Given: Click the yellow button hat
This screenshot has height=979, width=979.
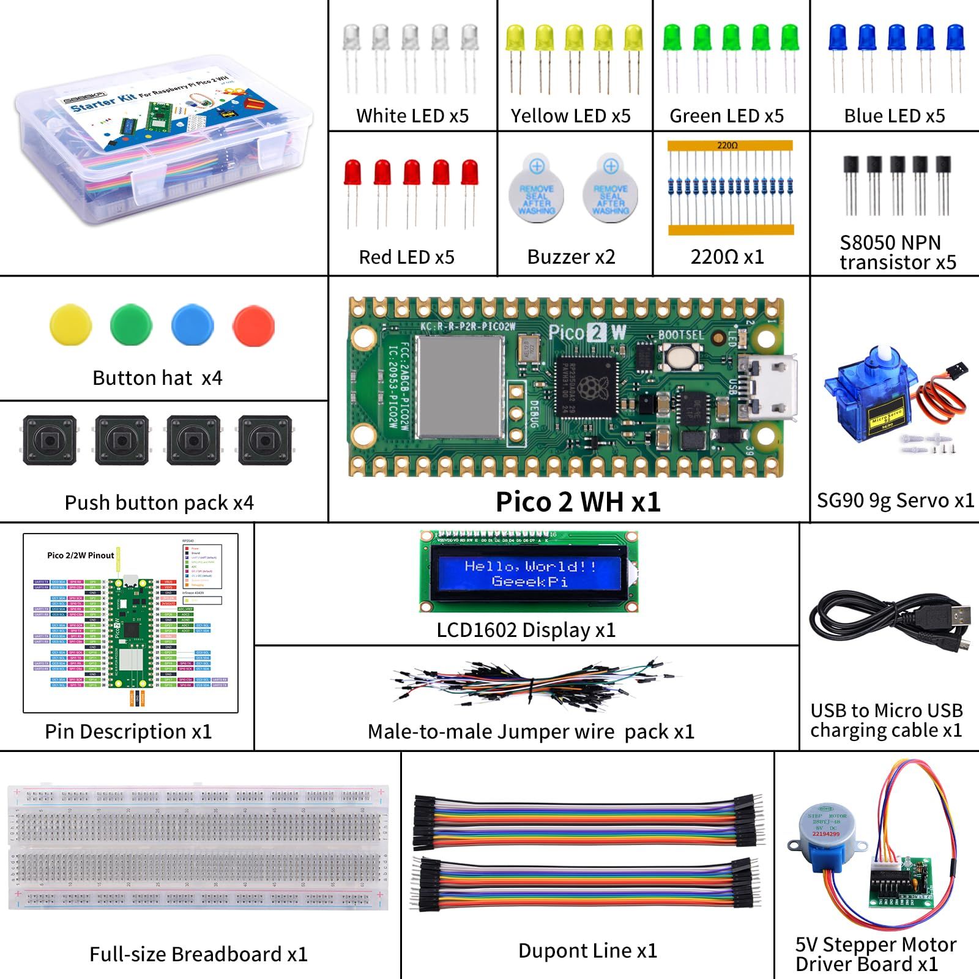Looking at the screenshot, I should tap(71, 325).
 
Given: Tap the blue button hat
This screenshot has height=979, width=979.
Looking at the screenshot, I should tap(193, 325).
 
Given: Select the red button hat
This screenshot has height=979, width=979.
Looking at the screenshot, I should tap(254, 325).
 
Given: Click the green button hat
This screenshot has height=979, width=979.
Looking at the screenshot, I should tap(132, 325).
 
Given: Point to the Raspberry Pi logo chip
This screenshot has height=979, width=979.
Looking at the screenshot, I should tap(587, 385).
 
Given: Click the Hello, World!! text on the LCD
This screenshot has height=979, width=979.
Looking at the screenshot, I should tap(530, 566).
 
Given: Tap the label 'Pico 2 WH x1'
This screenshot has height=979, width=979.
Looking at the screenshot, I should tap(578, 502).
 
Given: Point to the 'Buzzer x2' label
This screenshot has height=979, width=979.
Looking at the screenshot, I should tap(571, 257).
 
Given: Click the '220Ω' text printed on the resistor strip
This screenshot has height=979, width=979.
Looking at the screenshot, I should tap(728, 146).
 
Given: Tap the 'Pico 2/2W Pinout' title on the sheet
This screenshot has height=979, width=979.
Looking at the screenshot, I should tap(80, 556).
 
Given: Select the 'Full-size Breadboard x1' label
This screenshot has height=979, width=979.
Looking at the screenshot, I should tap(198, 954).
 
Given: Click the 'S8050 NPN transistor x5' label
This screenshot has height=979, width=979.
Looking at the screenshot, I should tap(897, 252).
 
